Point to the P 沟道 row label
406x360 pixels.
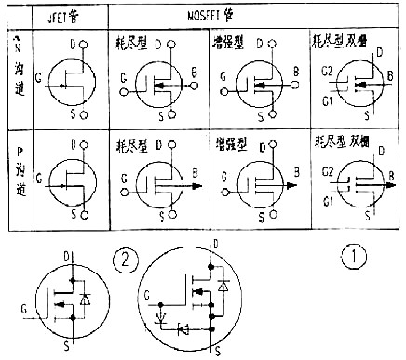tap(18, 176)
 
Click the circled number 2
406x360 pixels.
tap(123, 258)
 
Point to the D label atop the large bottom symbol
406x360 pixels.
tap(217, 243)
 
